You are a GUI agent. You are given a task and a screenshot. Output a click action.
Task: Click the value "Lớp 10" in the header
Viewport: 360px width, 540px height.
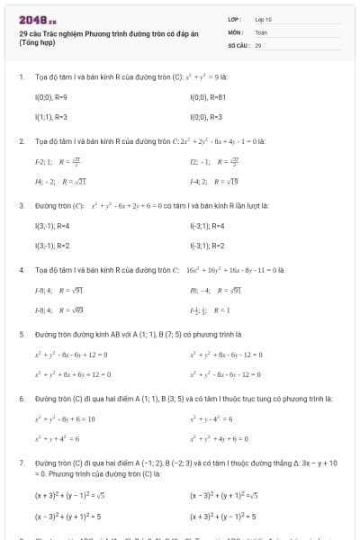pyautogui.click(x=263, y=19)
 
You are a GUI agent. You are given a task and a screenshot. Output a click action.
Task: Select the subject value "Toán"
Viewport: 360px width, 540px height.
pyautogui.click(x=261, y=31)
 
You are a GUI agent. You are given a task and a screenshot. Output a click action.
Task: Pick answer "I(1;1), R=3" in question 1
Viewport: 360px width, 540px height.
pyautogui.click(x=49, y=117)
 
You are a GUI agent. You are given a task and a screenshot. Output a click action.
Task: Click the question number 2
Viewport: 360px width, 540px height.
pyautogui.click(x=21, y=141)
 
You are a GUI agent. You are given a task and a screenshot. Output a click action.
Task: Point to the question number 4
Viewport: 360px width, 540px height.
pyautogui.click(x=21, y=269)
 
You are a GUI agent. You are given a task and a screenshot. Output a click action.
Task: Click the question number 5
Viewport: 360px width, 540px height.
pyautogui.click(x=21, y=333)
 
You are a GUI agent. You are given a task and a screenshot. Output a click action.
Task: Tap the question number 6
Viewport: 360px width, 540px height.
pyautogui.click(x=21, y=398)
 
